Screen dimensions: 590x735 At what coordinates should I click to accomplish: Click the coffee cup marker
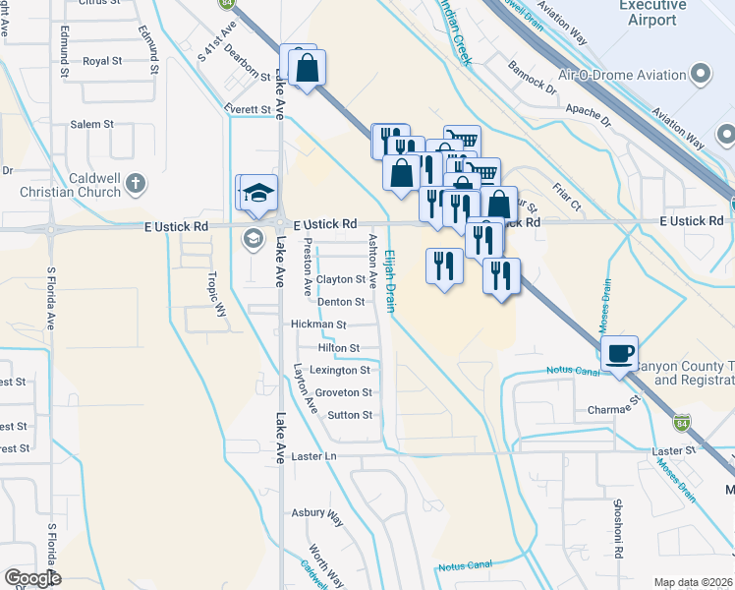pos(619,353)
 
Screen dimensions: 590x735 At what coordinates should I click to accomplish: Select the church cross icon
pos(136,183)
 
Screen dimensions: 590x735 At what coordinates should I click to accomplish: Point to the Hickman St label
pos(318,324)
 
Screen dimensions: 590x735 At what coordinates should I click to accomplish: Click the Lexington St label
pos(340,371)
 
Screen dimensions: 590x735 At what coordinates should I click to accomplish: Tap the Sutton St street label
pos(350,415)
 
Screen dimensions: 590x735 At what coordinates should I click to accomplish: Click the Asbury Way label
pos(316,513)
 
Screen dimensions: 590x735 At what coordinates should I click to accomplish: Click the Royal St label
pos(101,61)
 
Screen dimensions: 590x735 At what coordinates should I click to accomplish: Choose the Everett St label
pos(247,109)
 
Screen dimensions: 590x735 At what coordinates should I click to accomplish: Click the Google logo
pos(31,578)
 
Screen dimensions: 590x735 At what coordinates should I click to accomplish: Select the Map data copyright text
pos(692,582)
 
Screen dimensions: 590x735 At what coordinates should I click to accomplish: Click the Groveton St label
pos(344,392)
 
